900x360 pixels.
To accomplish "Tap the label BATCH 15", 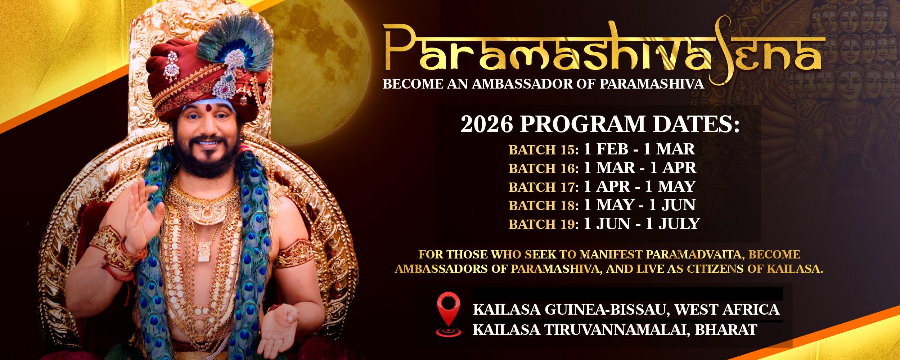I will (x=543, y=150).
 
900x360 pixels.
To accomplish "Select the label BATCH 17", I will (x=543, y=187).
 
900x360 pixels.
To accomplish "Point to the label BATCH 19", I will (x=543, y=224).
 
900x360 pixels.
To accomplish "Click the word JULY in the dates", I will (x=679, y=224).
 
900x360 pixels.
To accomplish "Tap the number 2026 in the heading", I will (x=486, y=124).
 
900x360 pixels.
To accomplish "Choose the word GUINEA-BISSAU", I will (x=607, y=310).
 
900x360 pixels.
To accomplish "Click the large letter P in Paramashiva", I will (x=400, y=47).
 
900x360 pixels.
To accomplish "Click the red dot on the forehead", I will (x=208, y=107).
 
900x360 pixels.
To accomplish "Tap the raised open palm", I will (x=142, y=212).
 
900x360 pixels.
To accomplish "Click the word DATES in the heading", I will (x=696, y=124).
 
